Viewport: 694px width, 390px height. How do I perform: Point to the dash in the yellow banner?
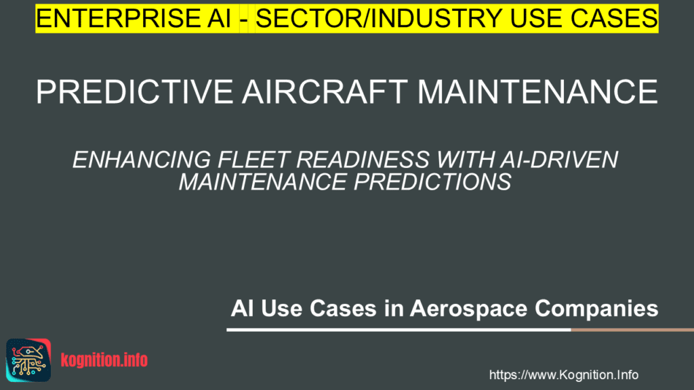coord(243,20)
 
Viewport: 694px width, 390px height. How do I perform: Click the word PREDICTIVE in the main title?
coord(135,91)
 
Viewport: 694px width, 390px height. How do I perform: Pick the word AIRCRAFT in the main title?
coord(325,91)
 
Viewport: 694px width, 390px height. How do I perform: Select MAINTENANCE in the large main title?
coord(537,91)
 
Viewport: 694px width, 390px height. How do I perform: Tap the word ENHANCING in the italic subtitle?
coord(142,160)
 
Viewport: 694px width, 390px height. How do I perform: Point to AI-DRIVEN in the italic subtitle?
coord(559,160)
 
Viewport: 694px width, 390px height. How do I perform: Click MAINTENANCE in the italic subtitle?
coord(262,182)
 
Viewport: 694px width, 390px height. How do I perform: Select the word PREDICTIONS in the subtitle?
coord(432,182)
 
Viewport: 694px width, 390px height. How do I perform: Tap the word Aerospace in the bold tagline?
coord(468,308)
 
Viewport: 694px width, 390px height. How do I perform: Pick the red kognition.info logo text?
coord(104,360)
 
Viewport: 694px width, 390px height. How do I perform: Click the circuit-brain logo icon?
coord(28,360)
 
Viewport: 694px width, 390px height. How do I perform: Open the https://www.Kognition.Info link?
coord(563,375)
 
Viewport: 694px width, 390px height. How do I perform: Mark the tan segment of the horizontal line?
coord(632,330)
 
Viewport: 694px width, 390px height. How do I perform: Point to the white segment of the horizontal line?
coord(399,330)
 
